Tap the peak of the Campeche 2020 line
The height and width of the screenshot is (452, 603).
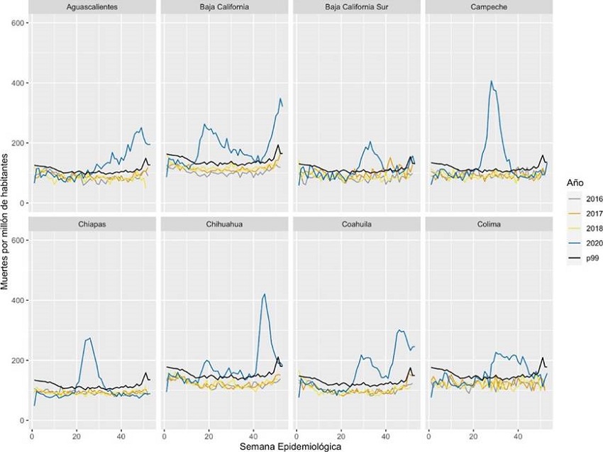492,81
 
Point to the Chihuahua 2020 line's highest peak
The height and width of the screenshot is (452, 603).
265,294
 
